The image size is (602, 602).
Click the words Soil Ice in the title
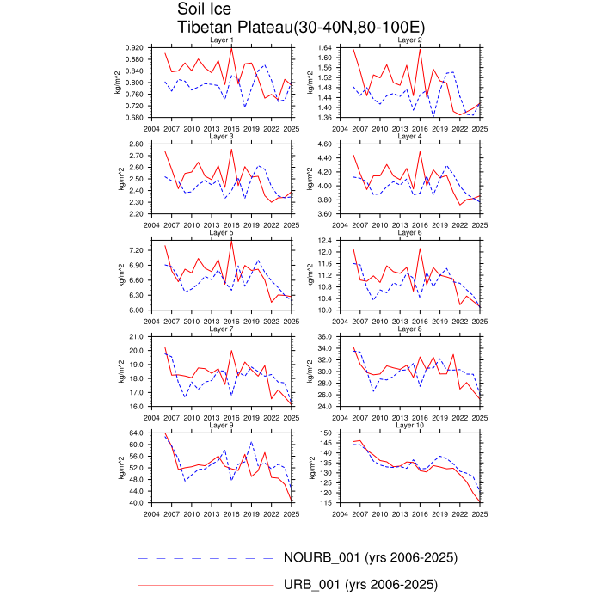point(205,9)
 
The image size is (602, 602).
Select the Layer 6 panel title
point(408,232)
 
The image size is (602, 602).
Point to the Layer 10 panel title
point(408,425)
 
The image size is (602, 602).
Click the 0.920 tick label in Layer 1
point(132,47)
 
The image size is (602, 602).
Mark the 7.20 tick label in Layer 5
point(136,250)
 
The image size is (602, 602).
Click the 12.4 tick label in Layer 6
point(324,240)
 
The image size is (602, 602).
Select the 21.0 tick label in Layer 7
point(136,336)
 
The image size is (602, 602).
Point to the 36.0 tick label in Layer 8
point(324,336)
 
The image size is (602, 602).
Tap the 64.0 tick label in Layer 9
point(136,433)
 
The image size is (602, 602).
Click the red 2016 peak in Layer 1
point(231,47)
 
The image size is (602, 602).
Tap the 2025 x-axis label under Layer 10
point(480,513)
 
